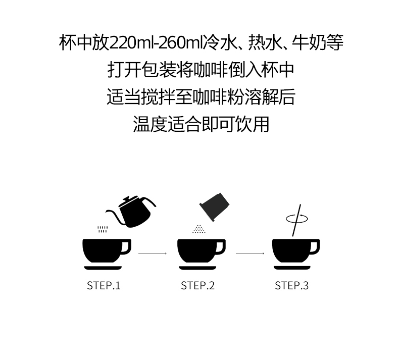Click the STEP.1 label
click(x=104, y=285)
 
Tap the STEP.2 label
click(x=197, y=285)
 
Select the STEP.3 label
click(x=291, y=285)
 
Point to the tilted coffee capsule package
click(x=214, y=207)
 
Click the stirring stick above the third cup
click(x=296, y=220)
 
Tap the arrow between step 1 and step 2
click(x=153, y=253)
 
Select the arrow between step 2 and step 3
click(x=250, y=253)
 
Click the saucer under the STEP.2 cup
click(x=197, y=268)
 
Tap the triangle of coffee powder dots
click(x=199, y=229)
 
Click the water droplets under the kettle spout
click(x=103, y=229)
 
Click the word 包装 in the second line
click(x=159, y=70)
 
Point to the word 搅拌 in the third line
click(x=158, y=97)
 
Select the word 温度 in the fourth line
click(x=150, y=124)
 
